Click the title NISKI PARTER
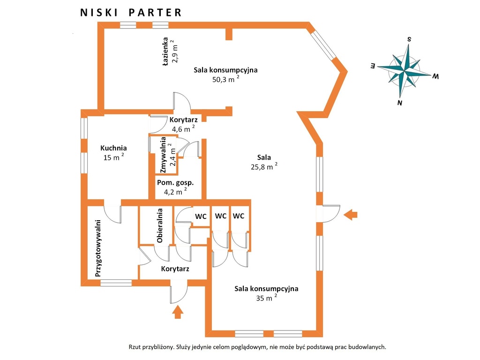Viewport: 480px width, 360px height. (131, 13)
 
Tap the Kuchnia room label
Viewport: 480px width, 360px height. (113, 148)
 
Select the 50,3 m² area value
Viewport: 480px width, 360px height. (226, 79)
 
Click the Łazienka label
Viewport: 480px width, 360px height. (165, 52)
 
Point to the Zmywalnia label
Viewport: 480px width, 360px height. (163, 155)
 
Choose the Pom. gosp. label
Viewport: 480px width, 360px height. (175, 183)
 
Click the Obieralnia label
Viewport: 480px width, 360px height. (159, 225)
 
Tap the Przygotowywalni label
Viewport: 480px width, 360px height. (98, 248)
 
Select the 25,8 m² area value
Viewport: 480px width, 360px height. (264, 166)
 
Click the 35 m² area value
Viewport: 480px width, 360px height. (267, 298)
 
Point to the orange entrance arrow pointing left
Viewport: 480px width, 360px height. (351, 215)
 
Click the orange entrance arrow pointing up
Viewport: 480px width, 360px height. (178, 313)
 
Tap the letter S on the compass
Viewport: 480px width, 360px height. (409, 39)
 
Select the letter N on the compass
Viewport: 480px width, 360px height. (400, 103)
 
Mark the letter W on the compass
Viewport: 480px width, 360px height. (435, 76)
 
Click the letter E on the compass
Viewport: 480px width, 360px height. (373, 66)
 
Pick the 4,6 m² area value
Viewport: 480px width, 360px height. (183, 129)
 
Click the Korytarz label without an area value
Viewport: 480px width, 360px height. (175, 269)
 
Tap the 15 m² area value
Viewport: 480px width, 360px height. (113, 157)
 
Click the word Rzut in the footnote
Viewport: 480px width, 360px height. (134, 347)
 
